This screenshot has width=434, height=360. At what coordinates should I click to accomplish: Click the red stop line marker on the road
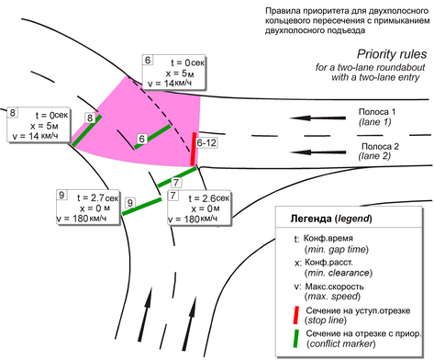194,149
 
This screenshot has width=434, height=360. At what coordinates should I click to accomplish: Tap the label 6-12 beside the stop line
206,142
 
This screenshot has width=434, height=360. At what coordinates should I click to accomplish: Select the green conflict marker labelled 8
87,129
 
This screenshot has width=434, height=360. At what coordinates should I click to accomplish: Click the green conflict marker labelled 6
152,137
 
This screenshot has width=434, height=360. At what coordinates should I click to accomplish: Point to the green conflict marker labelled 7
177,177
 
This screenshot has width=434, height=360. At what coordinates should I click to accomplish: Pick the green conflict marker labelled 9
142,207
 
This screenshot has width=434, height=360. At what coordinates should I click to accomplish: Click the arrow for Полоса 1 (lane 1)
317,118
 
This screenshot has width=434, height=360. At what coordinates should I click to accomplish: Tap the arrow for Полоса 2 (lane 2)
317,152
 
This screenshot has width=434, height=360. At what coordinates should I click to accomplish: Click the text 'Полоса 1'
377,112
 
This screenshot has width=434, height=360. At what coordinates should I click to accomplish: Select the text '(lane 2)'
374,156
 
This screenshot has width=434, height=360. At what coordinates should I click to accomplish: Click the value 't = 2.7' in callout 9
91,197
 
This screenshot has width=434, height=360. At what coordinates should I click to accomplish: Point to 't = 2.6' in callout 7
202,198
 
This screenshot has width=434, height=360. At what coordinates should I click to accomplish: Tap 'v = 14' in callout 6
161,84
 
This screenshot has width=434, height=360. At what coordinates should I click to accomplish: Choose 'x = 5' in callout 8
41,126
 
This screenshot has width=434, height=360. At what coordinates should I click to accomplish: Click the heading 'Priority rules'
392,54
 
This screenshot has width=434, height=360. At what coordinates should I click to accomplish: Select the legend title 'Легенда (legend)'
331,219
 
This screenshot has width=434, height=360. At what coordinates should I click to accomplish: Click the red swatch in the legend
295,315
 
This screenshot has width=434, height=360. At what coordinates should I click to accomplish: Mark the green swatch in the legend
295,338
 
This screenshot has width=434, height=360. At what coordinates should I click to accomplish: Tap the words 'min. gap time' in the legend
337,250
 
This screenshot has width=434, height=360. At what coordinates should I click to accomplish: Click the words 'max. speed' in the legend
332,297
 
